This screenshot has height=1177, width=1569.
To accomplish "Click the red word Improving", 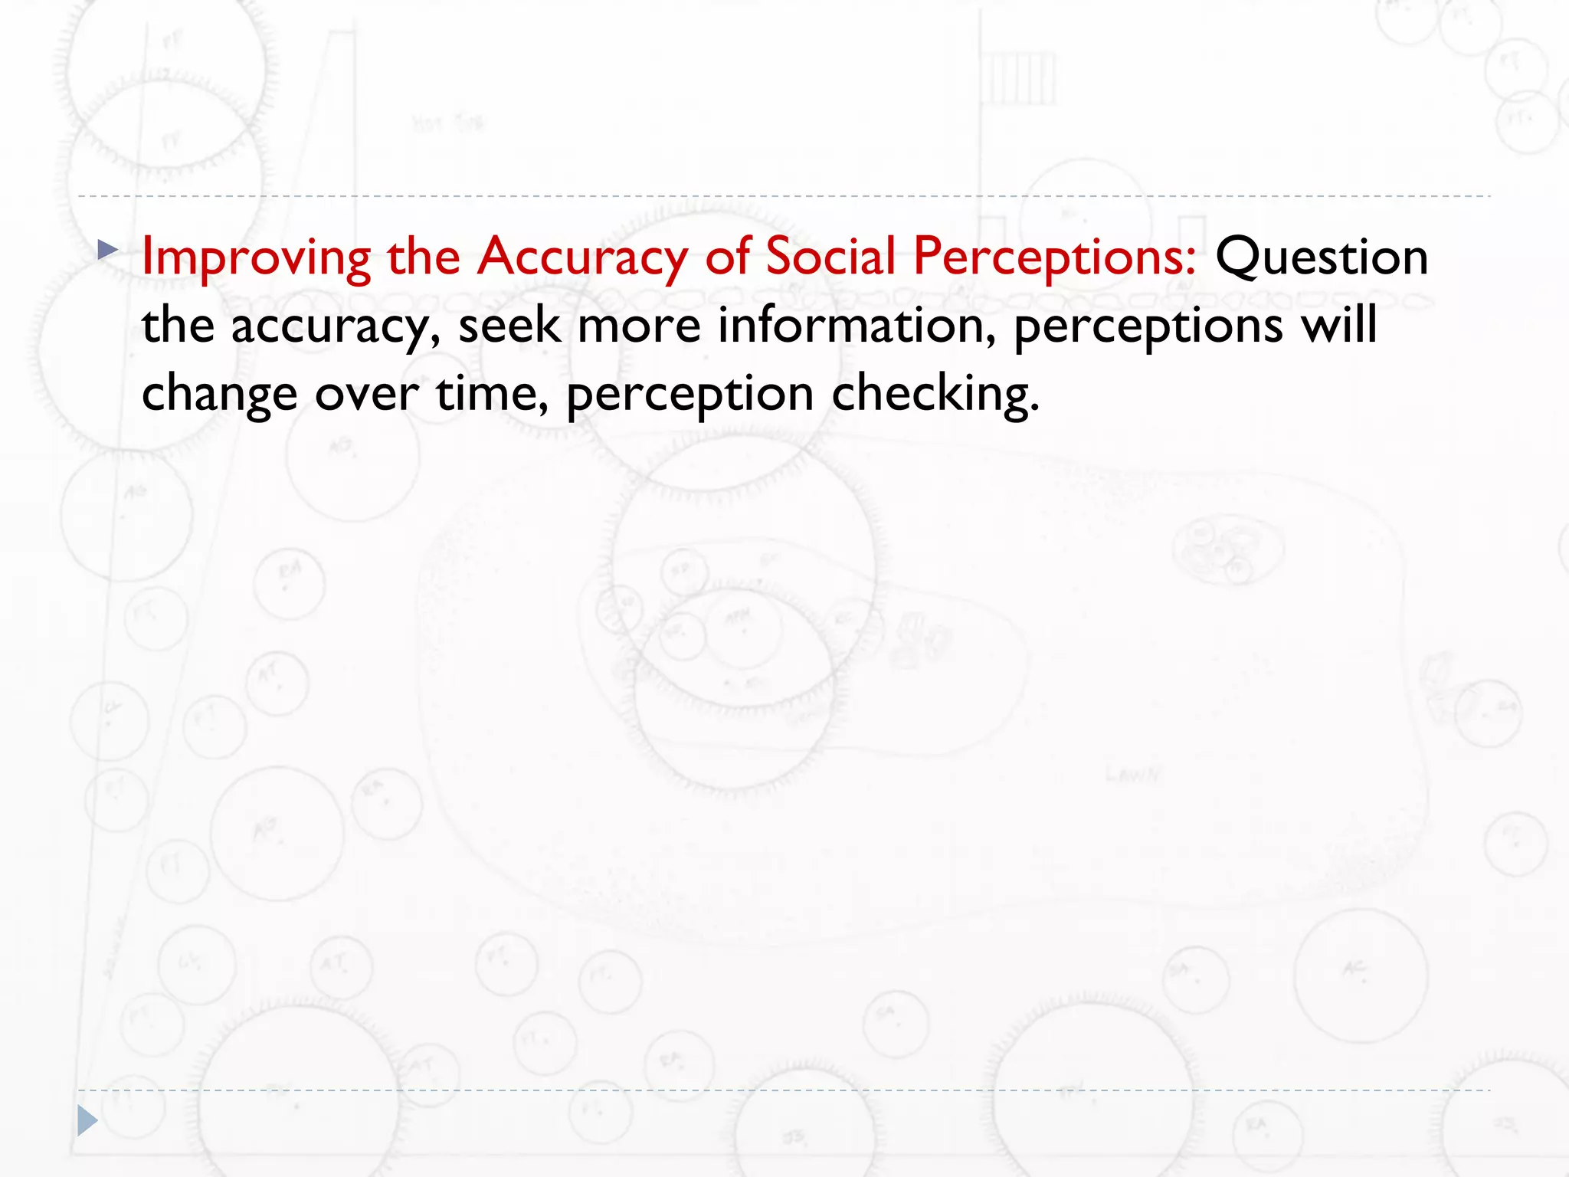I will [256, 257].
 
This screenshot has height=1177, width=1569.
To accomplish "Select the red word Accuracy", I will [581, 257].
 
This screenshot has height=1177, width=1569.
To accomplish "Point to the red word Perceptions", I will [1054, 257].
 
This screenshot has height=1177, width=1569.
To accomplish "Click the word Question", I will [1322, 257].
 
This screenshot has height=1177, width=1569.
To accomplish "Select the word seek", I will [509, 325].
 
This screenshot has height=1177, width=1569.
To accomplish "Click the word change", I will [219, 395].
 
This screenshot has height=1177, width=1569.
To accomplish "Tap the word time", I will [492, 393].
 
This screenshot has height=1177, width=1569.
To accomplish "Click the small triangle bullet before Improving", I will [107, 249].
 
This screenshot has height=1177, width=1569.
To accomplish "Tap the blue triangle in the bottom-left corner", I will [87, 1120].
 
